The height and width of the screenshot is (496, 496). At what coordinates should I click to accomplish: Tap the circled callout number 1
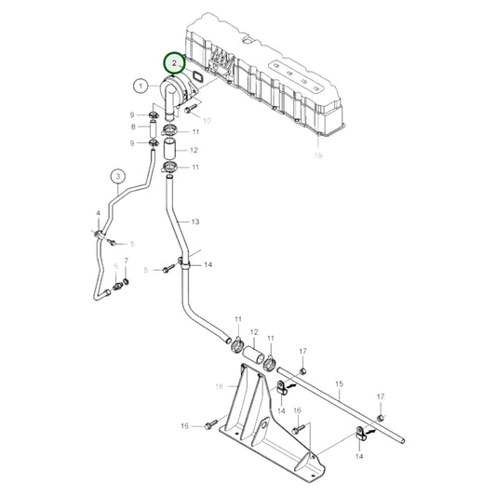[140, 86]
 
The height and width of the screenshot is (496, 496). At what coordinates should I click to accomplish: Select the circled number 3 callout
[117, 175]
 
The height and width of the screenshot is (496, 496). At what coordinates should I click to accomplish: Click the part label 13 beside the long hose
[195, 221]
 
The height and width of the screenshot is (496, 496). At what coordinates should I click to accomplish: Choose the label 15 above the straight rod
[339, 383]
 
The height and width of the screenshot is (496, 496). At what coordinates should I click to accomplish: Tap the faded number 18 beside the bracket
[220, 385]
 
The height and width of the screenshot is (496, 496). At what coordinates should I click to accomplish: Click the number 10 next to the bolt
[207, 121]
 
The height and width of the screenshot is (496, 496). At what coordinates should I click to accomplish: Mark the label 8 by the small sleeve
[133, 127]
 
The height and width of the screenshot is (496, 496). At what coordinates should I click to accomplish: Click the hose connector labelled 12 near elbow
[170, 149]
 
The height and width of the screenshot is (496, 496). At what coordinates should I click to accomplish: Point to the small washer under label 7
[127, 288]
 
